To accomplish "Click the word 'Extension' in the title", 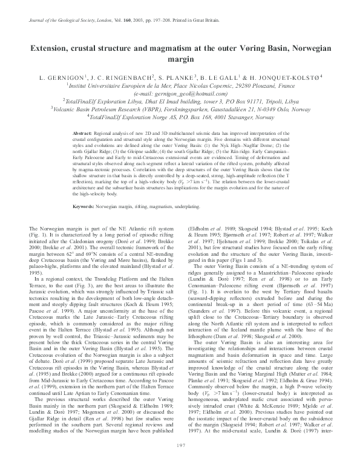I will [57, 48].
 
